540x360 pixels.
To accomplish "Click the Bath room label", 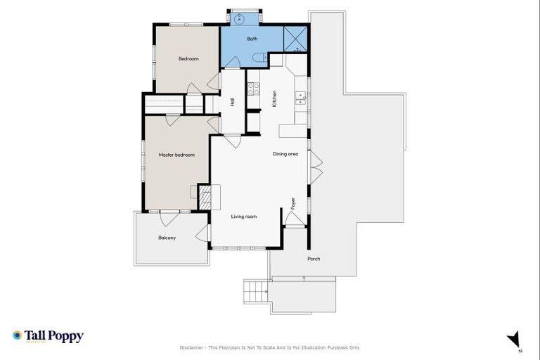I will [x=252, y=39].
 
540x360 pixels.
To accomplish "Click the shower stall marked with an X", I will [x=295, y=39].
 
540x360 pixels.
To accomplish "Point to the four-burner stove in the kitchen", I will [x=252, y=89].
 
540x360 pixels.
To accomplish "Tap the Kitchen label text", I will [x=274, y=99].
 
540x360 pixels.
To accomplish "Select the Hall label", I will [x=232, y=103].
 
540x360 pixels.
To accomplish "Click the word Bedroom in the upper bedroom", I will [x=188, y=59].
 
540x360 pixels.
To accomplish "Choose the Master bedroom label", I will [x=176, y=155].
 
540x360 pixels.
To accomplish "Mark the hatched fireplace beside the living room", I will [x=204, y=198].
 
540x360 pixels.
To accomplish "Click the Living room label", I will [x=244, y=217].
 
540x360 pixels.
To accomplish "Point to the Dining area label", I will [x=285, y=153].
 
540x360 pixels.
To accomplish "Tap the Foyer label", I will [x=293, y=203].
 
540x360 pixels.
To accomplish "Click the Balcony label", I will [x=167, y=238].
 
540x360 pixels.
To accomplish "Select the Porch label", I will [x=314, y=259].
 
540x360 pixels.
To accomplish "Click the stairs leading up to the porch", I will [x=256, y=289].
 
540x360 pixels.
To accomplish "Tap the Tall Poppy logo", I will [x=48, y=336].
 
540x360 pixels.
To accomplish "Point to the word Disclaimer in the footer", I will [x=195, y=347].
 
